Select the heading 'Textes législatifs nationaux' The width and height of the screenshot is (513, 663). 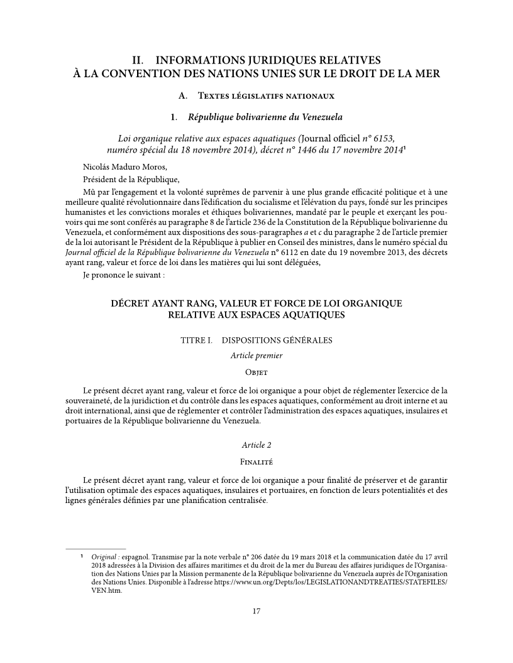[265, 96]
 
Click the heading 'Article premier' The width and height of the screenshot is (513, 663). [256, 355]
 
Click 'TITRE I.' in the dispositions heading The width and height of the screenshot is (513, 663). [196, 340]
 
